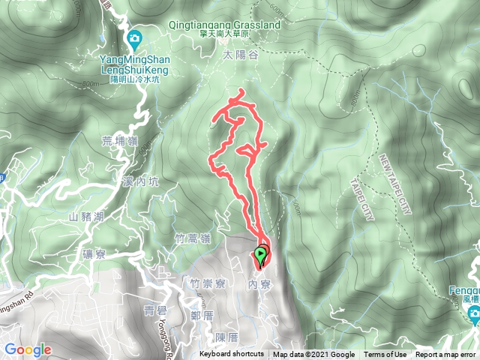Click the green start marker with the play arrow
pyautogui.click(x=261, y=256)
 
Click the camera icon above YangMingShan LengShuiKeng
pyautogui.click(x=133, y=38)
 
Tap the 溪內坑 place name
pyautogui.click(x=140, y=181)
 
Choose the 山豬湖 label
pyautogui.click(x=85, y=217)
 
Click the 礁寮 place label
pyautogui.click(x=97, y=254)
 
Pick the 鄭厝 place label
pyautogui.click(x=202, y=316)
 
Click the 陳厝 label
pyautogui.click(x=226, y=337)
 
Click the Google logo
pyautogui.click(x=28, y=349)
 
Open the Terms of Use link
pyautogui.click(x=385, y=355)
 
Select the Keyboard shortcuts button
pyautogui.click(x=232, y=355)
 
